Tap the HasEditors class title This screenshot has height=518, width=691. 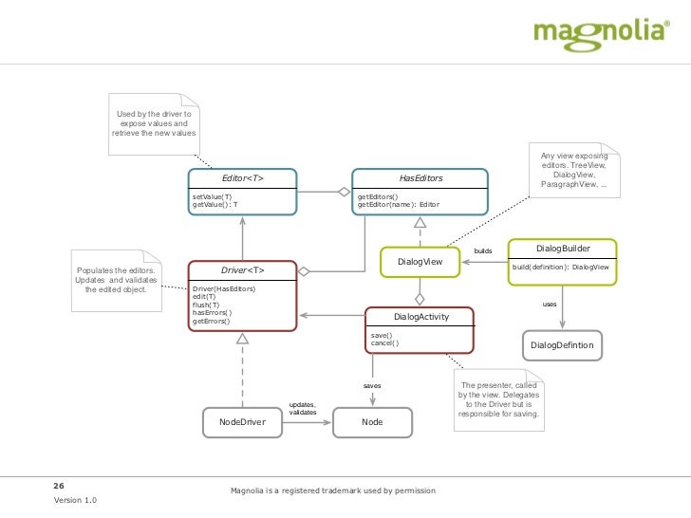[x=420, y=178]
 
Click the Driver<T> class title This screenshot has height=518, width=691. [x=242, y=270]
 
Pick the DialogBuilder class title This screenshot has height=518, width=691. [x=564, y=248]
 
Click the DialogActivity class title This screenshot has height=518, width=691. [x=420, y=317]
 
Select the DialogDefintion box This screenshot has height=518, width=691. [x=562, y=344]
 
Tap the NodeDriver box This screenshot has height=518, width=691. [x=242, y=421]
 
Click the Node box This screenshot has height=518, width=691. [x=372, y=421]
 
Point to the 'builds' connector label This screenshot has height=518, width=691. [x=483, y=251]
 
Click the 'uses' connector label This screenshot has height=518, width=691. [x=549, y=305]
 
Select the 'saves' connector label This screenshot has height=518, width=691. [x=372, y=386]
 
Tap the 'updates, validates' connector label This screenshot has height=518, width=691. [x=302, y=409]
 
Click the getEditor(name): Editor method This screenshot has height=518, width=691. [x=398, y=204]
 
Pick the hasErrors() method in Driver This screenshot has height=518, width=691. [x=212, y=312]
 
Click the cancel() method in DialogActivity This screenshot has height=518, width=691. [x=384, y=342]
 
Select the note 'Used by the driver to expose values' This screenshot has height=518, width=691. [x=154, y=124]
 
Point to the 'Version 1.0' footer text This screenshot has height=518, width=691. [x=75, y=500]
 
